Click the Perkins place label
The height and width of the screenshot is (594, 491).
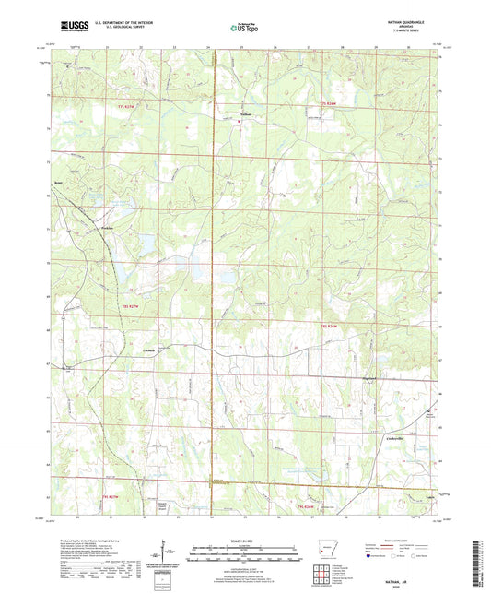106,224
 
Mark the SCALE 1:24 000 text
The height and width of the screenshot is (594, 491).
245,540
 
